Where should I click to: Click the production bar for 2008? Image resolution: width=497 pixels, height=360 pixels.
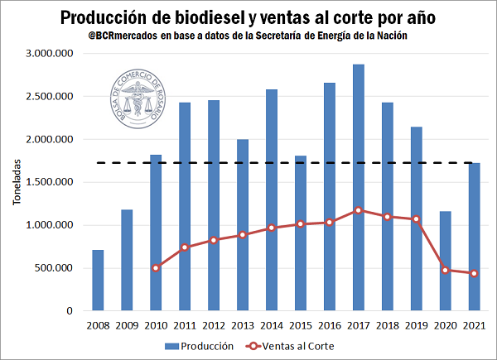pyautogui.click(x=98, y=281)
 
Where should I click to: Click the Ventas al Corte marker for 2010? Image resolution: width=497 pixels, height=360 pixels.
pyautogui.click(x=156, y=268)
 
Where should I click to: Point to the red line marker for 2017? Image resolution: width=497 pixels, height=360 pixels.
pyautogui.click(x=358, y=210)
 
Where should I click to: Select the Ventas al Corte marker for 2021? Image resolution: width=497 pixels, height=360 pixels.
pyautogui.click(x=474, y=274)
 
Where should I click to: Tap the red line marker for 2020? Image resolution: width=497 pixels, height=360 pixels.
pyautogui.click(x=445, y=270)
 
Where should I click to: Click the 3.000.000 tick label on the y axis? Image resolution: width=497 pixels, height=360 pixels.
pyautogui.click(x=51, y=54)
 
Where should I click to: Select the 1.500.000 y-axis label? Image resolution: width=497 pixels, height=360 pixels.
pyautogui.click(x=51, y=182)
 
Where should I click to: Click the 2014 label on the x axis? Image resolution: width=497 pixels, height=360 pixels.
pyautogui.click(x=272, y=326)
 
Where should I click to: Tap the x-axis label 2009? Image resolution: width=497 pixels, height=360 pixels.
pyautogui.click(x=127, y=326)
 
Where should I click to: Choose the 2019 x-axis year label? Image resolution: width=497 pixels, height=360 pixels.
pyautogui.click(x=416, y=326)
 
